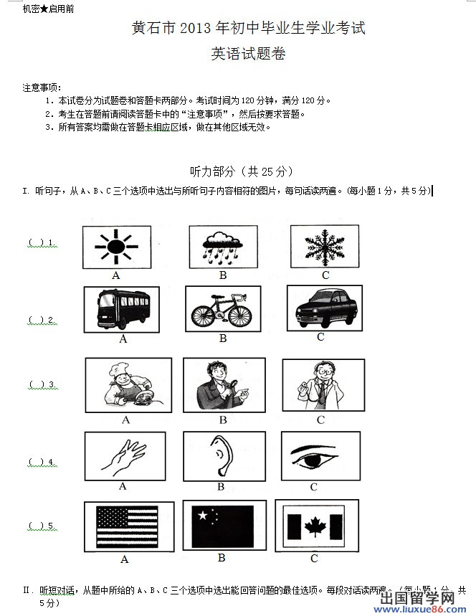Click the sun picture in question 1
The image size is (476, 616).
[115, 247]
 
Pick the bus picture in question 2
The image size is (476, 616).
[123, 309]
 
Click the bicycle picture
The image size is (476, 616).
[223, 308]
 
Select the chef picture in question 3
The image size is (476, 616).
[128, 385]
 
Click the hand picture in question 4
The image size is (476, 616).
[124, 455]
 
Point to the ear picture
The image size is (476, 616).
[224, 455]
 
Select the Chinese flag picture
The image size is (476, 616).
[223, 526]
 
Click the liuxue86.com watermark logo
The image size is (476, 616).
[426, 603]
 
